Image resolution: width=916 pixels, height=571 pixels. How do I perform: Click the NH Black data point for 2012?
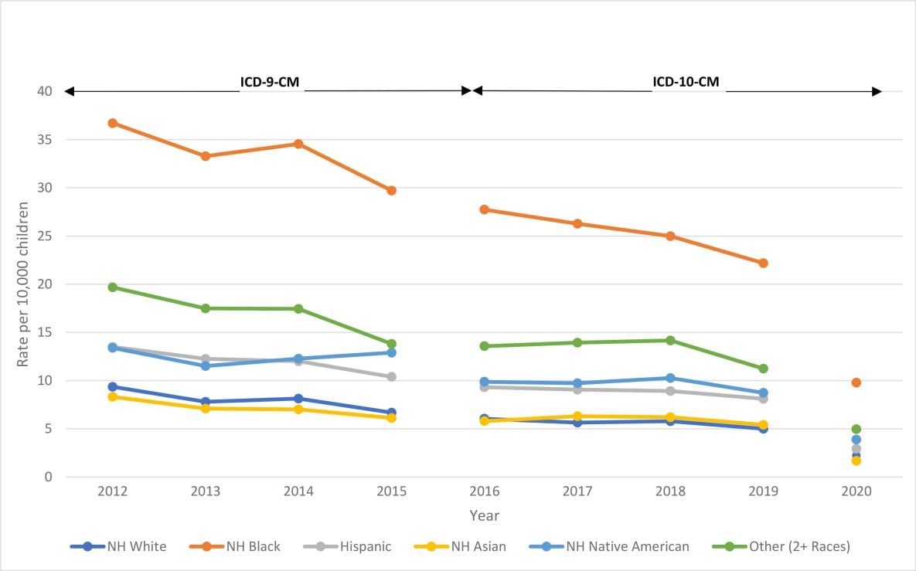point(113,123)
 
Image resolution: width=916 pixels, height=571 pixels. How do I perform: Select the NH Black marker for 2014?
point(298,144)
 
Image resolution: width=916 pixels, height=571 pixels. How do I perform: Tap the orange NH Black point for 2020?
point(856,382)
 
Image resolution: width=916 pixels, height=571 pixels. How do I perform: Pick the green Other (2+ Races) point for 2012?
point(113,287)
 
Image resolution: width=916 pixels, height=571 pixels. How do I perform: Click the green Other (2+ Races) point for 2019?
point(763,369)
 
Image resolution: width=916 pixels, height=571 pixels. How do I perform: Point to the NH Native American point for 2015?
point(392,352)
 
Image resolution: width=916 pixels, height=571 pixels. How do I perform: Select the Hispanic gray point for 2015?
point(392,377)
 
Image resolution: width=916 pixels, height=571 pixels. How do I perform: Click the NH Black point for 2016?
point(485,209)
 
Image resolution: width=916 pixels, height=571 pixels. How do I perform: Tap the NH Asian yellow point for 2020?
point(856,461)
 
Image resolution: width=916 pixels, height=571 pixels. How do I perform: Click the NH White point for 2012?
point(113,386)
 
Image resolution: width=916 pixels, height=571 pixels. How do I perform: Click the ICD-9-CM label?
point(271,83)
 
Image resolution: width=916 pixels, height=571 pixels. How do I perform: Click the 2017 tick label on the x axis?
point(577,492)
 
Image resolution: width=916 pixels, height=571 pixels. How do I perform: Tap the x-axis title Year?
point(484,515)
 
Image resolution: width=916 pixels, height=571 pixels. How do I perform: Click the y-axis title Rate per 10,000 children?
point(24,284)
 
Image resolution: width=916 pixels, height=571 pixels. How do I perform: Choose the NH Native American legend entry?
point(627,546)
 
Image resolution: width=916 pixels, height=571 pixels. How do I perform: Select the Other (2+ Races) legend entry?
point(799,546)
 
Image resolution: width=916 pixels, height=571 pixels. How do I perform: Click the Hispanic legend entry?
point(365,546)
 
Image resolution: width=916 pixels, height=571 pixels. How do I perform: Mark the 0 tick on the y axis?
point(48,478)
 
